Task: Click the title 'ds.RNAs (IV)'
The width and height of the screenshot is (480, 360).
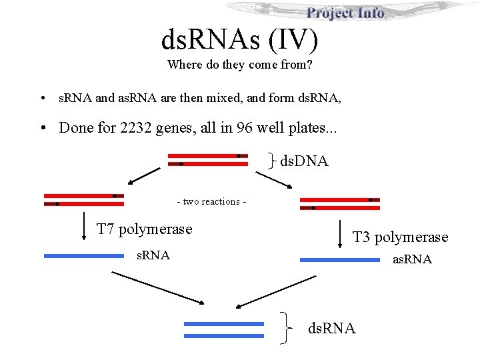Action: click(240, 39)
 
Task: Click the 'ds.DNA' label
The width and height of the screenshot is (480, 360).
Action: click(304, 161)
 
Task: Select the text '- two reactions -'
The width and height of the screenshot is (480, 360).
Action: click(211, 201)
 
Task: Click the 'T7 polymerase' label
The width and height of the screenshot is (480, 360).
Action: click(144, 229)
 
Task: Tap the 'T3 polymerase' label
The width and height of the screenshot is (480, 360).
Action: click(400, 237)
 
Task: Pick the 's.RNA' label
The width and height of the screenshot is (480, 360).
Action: click(153, 255)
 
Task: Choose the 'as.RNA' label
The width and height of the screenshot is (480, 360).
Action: click(411, 259)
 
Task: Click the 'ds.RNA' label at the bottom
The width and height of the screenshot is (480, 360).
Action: click(331, 328)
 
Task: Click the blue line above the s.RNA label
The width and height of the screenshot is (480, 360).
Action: click(83, 255)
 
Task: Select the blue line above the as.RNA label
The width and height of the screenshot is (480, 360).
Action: click(340, 260)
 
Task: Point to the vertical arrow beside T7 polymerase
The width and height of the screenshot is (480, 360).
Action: click(83, 225)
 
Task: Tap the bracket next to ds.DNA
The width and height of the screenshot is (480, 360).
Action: click(273, 160)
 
